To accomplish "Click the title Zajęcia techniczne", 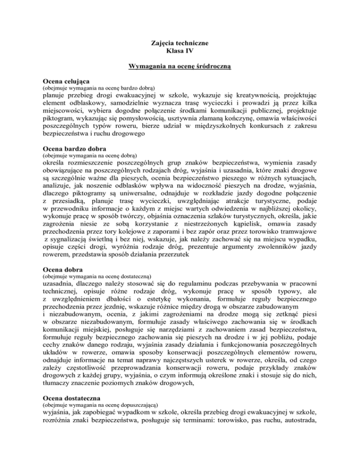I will (180, 44).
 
